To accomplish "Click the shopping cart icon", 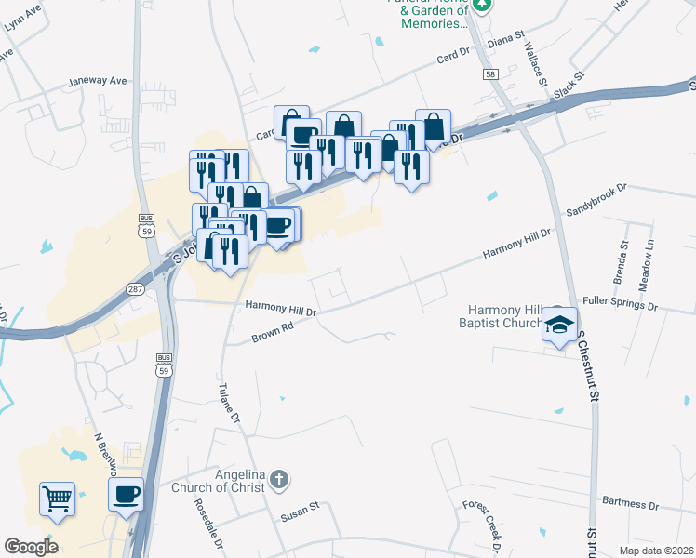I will pos(57,498).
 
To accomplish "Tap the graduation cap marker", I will pos(559,325).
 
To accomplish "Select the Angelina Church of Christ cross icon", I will pos(278,481).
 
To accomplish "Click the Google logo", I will pos(31,547).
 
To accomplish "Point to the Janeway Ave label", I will pos(97,81).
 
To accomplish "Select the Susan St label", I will pos(301,507).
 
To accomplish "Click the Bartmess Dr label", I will pos(630,505).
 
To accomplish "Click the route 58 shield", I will pos(489,73).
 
